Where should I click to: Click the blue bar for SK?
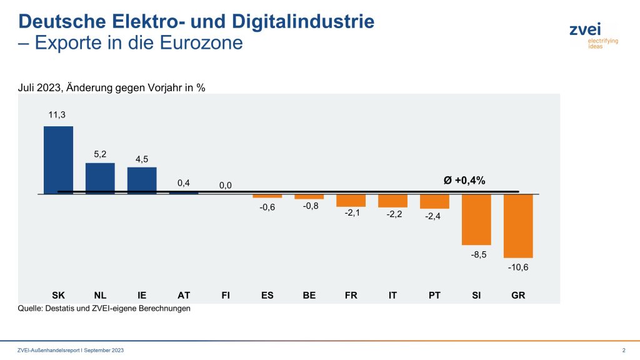click(x=58, y=160)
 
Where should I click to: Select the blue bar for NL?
click(x=100, y=178)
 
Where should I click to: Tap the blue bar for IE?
click(x=142, y=181)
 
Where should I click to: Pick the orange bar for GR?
click(x=518, y=226)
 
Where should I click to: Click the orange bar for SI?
click(x=476, y=219)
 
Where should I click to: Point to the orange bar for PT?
click(x=434, y=201)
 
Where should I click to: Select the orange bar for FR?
click(x=351, y=200)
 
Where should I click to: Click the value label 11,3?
click(x=57, y=114)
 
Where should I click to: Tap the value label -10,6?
click(x=518, y=267)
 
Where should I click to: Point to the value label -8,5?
click(x=476, y=255)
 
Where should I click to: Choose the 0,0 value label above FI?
click(x=226, y=186)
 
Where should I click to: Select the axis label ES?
click(x=267, y=295)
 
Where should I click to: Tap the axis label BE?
click(x=309, y=295)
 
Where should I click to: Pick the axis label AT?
click(x=184, y=295)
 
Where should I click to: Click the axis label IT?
click(x=392, y=295)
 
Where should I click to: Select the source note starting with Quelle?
click(x=103, y=308)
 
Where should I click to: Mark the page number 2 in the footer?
click(x=624, y=350)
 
